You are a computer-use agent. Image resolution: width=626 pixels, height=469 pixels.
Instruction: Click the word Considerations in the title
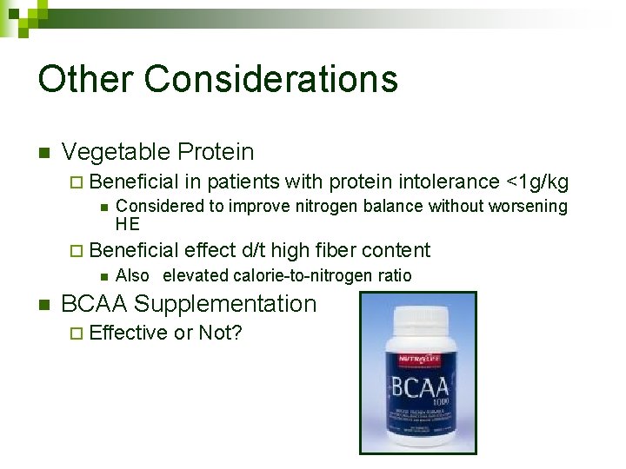point(271,78)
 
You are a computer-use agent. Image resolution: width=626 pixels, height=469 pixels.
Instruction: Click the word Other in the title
point(85,78)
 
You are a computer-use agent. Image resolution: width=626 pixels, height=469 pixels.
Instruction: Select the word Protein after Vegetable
point(216,152)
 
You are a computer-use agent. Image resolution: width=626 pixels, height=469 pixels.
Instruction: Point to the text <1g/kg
point(536,182)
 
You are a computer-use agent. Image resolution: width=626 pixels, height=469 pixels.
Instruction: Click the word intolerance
point(449,182)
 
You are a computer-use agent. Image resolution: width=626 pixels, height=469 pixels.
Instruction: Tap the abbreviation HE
point(127,224)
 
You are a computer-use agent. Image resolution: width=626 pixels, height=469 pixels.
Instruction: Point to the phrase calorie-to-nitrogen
point(297,276)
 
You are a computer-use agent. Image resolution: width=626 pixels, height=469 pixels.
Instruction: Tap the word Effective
point(128,333)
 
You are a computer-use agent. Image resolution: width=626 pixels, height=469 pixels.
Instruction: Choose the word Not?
point(220,333)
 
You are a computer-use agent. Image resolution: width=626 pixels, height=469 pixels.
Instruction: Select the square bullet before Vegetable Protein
point(43,154)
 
